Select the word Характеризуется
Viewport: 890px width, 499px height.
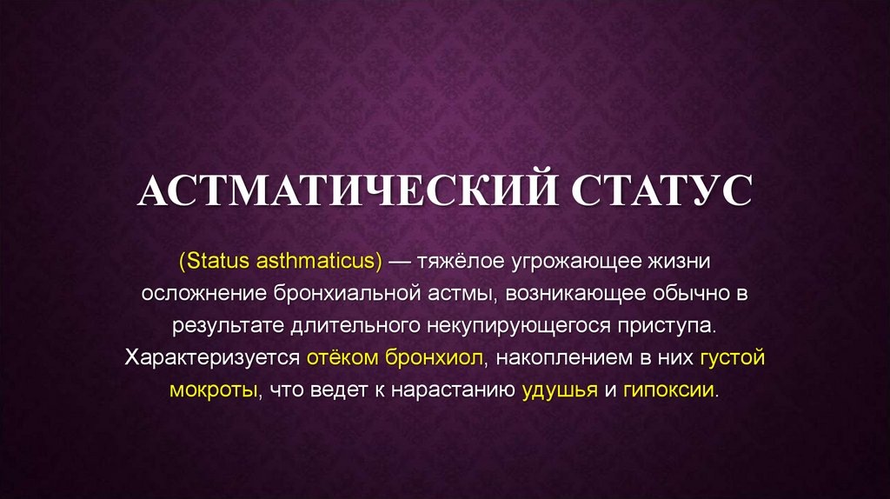click(x=211, y=357)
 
